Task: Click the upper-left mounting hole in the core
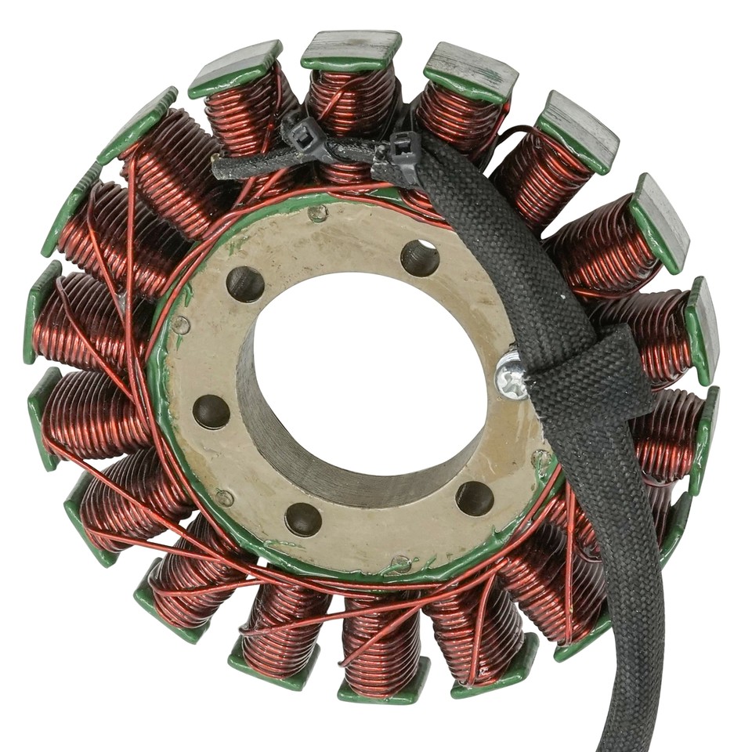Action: click(245, 284)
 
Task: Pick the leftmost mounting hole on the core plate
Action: click(211, 411)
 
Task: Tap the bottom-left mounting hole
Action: click(303, 519)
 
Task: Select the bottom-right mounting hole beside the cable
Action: click(475, 497)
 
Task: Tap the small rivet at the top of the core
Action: click(318, 212)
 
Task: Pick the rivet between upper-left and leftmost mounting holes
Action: click(182, 324)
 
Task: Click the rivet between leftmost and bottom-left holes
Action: click(225, 496)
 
